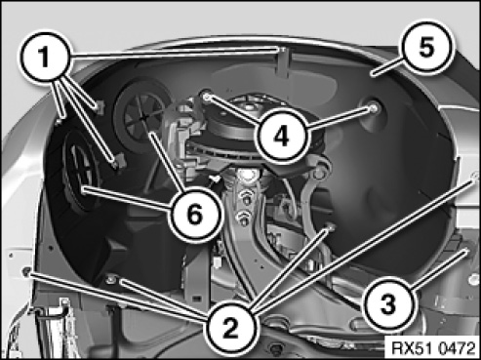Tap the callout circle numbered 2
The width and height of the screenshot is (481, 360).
pos(230,328)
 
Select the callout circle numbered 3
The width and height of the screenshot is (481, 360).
pos(387,305)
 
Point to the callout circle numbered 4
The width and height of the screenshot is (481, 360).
pos(281,137)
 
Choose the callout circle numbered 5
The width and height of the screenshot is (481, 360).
pos(426,48)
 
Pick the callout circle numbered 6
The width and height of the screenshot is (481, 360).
pos(195,215)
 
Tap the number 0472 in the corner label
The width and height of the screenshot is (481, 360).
pos(456,348)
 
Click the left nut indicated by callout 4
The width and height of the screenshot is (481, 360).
pos(206,96)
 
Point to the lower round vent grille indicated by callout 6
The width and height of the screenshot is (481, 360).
pos(81,173)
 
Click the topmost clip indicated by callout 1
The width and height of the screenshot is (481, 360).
pos(283,50)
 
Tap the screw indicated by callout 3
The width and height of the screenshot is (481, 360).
pos(465,251)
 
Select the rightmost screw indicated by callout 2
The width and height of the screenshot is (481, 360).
pos(474,176)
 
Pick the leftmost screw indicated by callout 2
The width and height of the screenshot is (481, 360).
pos(26,270)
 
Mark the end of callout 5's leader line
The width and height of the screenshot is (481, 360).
pos(374,75)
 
